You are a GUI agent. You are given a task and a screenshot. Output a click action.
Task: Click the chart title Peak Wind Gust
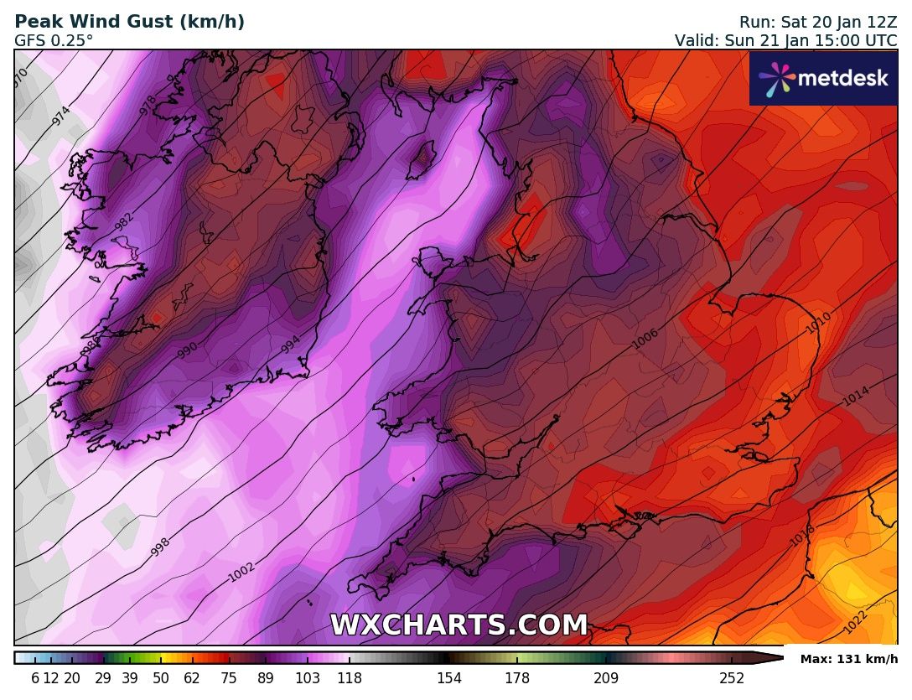point(129,23)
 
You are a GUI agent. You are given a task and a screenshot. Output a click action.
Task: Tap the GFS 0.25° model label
point(54,40)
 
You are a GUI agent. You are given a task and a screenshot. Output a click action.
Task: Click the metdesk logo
point(823,79)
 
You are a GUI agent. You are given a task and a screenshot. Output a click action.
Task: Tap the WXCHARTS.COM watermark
point(459,625)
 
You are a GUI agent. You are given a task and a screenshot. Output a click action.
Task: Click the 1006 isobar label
point(645,338)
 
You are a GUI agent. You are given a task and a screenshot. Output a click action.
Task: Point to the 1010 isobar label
point(817,324)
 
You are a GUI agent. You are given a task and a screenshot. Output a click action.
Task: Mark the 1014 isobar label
point(855,396)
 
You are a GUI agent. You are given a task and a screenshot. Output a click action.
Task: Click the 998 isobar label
point(160,547)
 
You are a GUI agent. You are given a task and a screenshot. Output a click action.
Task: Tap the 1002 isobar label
point(241,573)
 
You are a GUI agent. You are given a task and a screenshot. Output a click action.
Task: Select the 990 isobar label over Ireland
point(187,350)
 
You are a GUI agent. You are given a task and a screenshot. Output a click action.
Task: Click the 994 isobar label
point(290,344)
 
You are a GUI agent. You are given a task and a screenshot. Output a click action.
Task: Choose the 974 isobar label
point(60,117)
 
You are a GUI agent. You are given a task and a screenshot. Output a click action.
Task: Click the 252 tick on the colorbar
point(732,678)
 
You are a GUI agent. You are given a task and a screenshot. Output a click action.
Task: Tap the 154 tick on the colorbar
point(449,678)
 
